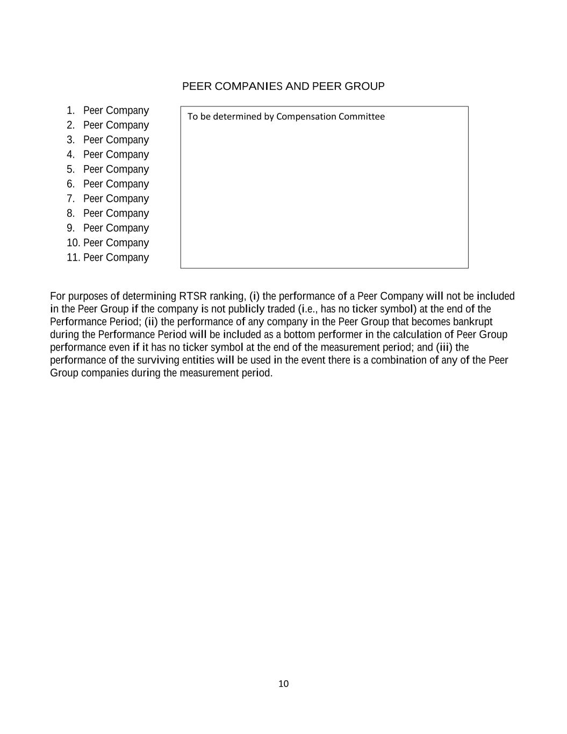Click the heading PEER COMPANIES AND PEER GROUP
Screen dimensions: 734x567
click(283, 87)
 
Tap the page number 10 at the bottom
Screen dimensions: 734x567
click(283, 684)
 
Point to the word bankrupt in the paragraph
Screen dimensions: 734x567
click(472, 322)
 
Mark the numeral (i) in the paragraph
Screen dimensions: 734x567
click(254, 296)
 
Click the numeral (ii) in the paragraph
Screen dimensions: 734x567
click(151, 322)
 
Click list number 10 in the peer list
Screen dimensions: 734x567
click(73, 243)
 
